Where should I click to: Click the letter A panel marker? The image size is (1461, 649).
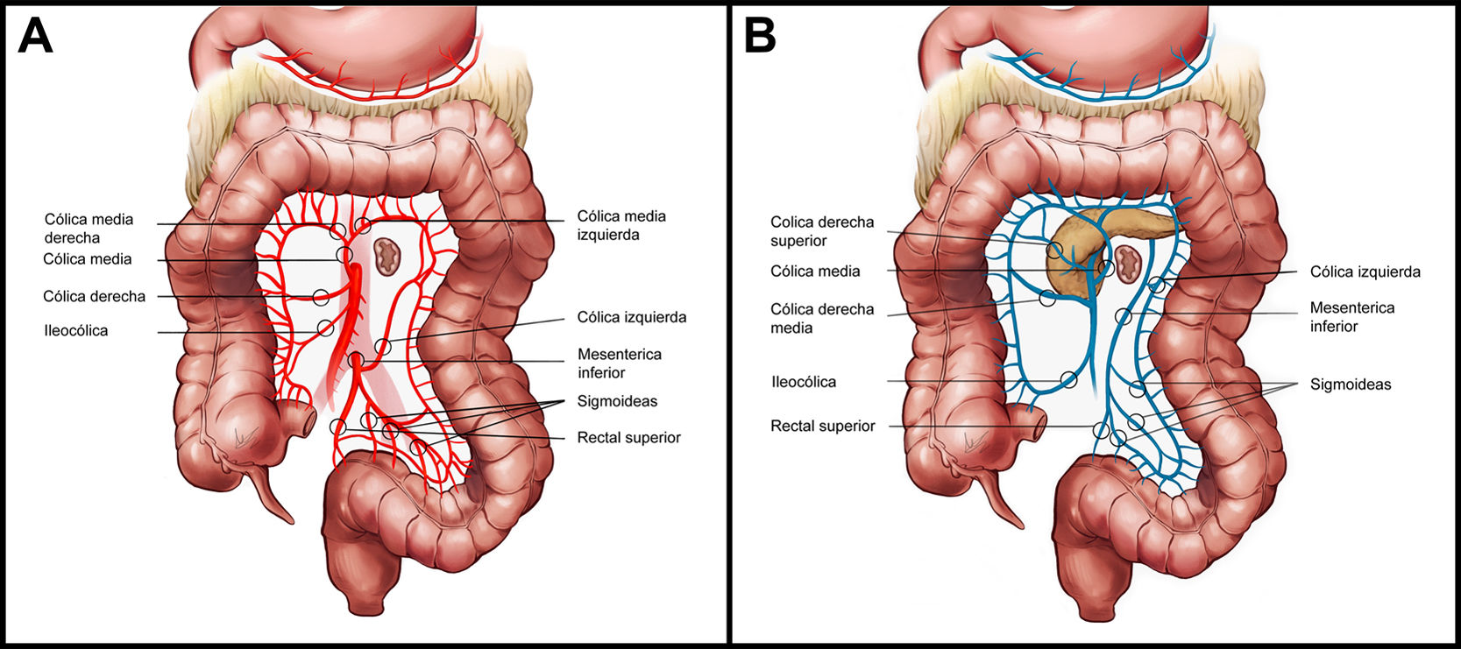click(x=35, y=37)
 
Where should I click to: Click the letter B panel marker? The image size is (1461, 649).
click(x=759, y=37)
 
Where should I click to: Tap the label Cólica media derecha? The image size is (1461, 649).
click(x=89, y=228)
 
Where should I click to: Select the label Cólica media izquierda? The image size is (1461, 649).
click(x=621, y=225)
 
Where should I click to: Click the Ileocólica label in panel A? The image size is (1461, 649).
click(x=75, y=331)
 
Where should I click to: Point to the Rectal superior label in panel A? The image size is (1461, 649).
click(x=628, y=437)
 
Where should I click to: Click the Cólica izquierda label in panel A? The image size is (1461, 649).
click(x=631, y=317)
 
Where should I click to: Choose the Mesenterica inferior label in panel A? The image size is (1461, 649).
click(x=619, y=363)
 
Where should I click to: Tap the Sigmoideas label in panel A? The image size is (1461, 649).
click(x=617, y=401)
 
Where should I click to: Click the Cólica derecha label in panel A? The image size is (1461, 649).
click(x=94, y=296)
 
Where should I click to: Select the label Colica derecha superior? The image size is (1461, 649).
click(x=822, y=231)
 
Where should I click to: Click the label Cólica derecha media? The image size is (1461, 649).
click(x=822, y=318)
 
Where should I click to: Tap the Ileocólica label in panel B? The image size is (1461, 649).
click(x=804, y=382)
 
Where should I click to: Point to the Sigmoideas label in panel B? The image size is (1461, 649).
click(x=1351, y=384)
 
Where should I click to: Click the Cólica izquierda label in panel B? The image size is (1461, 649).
click(x=1365, y=272)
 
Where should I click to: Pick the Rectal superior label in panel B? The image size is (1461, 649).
click(x=822, y=426)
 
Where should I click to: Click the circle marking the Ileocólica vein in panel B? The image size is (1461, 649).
click(x=1068, y=379)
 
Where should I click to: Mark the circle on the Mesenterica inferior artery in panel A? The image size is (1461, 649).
click(x=356, y=360)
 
